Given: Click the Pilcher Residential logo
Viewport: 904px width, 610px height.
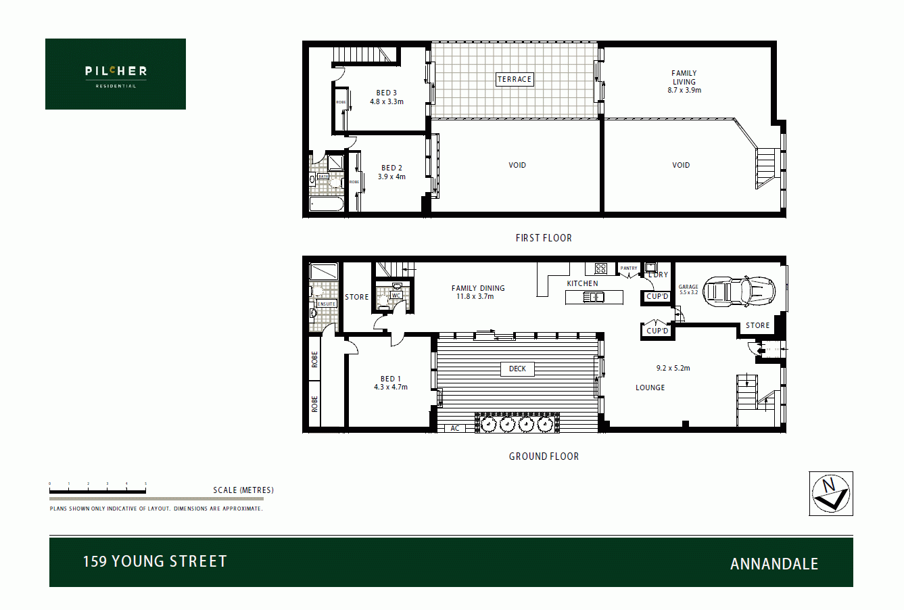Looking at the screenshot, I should point(116,74).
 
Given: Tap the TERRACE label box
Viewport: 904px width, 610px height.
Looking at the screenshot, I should point(515,79).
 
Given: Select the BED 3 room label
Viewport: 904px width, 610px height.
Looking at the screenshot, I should point(387,93).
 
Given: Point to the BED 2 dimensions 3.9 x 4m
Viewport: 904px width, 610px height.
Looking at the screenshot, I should point(391,177).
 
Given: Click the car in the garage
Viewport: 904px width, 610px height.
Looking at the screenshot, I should point(738,291).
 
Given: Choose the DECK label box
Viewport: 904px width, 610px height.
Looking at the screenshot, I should point(517,369).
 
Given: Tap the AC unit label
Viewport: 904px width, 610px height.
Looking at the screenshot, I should point(455,428).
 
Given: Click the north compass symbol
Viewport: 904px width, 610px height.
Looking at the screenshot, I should point(831,494).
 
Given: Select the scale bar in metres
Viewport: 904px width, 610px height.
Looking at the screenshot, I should point(97,491).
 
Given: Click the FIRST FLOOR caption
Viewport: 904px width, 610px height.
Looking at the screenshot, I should point(544,238).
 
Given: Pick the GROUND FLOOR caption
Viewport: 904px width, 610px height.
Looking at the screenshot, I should point(544,456).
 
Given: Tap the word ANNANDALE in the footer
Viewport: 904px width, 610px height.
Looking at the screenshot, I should point(774,564).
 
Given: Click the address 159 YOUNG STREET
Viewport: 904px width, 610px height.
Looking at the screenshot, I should point(155,561).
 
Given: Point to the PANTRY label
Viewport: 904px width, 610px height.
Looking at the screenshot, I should point(629,268).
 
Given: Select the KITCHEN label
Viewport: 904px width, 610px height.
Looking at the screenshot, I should point(582,283).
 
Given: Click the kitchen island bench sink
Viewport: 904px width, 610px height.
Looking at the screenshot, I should point(594,297).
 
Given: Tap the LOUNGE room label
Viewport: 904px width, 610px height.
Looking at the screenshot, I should point(650,388).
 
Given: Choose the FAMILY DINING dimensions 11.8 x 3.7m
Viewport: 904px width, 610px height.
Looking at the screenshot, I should point(475,296).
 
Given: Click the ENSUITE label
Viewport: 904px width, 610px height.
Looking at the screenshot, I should point(327,304).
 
